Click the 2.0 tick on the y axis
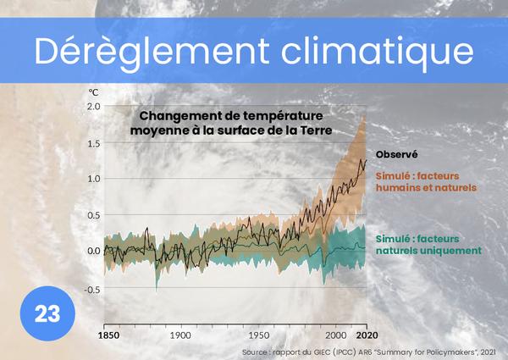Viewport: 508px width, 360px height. click(93, 107)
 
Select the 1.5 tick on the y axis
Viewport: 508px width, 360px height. click(93, 143)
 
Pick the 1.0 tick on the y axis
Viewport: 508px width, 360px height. click(93, 179)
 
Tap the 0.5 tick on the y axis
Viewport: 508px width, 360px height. click(93, 215)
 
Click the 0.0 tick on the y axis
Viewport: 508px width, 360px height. click(93, 252)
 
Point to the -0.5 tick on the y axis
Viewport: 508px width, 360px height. click(91, 289)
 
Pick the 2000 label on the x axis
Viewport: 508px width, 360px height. click(338, 335)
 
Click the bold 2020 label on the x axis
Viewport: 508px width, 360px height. click(366, 335)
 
